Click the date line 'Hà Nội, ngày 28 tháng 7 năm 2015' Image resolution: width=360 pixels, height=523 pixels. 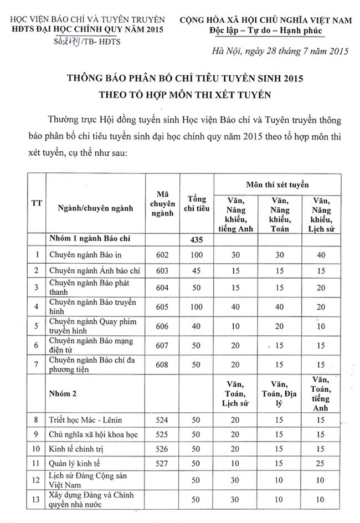click(x=280, y=53)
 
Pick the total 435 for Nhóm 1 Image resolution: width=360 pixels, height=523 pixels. click(x=197, y=240)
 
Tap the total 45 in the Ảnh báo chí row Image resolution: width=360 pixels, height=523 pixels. click(x=197, y=270)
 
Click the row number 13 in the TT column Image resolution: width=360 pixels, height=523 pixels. click(x=37, y=500)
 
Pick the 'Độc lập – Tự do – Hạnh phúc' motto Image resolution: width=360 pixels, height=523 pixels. click(x=272, y=29)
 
